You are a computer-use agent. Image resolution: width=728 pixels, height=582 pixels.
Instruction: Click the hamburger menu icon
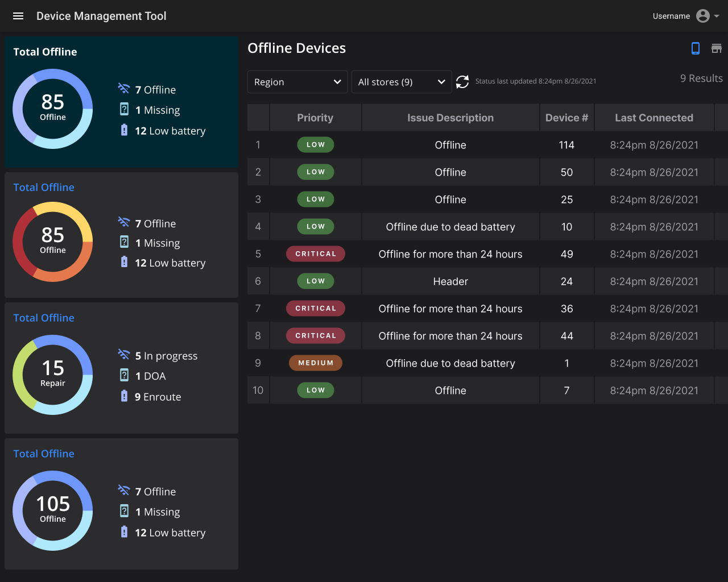(x=18, y=16)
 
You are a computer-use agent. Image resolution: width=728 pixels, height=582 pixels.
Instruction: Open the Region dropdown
(x=297, y=82)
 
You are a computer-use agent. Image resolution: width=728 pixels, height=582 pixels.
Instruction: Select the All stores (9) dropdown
(x=402, y=82)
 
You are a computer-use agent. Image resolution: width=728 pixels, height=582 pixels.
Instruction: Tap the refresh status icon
(x=462, y=81)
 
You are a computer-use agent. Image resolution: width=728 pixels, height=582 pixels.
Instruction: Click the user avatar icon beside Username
(x=702, y=16)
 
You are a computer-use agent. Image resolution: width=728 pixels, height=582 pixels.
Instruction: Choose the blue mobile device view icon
(x=696, y=48)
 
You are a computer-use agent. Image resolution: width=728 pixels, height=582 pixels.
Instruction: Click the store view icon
(x=717, y=48)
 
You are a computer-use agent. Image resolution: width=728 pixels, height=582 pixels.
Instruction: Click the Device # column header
(x=566, y=118)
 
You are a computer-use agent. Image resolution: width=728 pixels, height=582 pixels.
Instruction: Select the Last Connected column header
(x=654, y=118)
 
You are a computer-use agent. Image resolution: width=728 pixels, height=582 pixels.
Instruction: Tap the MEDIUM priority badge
(x=315, y=363)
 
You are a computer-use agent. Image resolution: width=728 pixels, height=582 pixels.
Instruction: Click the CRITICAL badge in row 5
(x=315, y=253)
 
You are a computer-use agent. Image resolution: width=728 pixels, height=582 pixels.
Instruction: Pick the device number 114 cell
(x=566, y=145)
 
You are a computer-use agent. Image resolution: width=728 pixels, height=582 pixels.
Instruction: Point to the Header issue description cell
(x=450, y=281)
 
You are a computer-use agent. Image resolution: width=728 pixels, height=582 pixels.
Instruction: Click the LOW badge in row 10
(x=315, y=390)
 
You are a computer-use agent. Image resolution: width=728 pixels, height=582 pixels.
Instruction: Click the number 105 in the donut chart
(x=53, y=504)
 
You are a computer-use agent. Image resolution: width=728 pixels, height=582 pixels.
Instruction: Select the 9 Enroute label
(x=158, y=397)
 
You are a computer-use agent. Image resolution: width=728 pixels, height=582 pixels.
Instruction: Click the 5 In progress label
(x=166, y=356)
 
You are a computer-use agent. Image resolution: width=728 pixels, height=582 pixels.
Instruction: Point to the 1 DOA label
(x=150, y=376)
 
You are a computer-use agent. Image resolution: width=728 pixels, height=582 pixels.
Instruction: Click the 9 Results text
(x=701, y=78)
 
